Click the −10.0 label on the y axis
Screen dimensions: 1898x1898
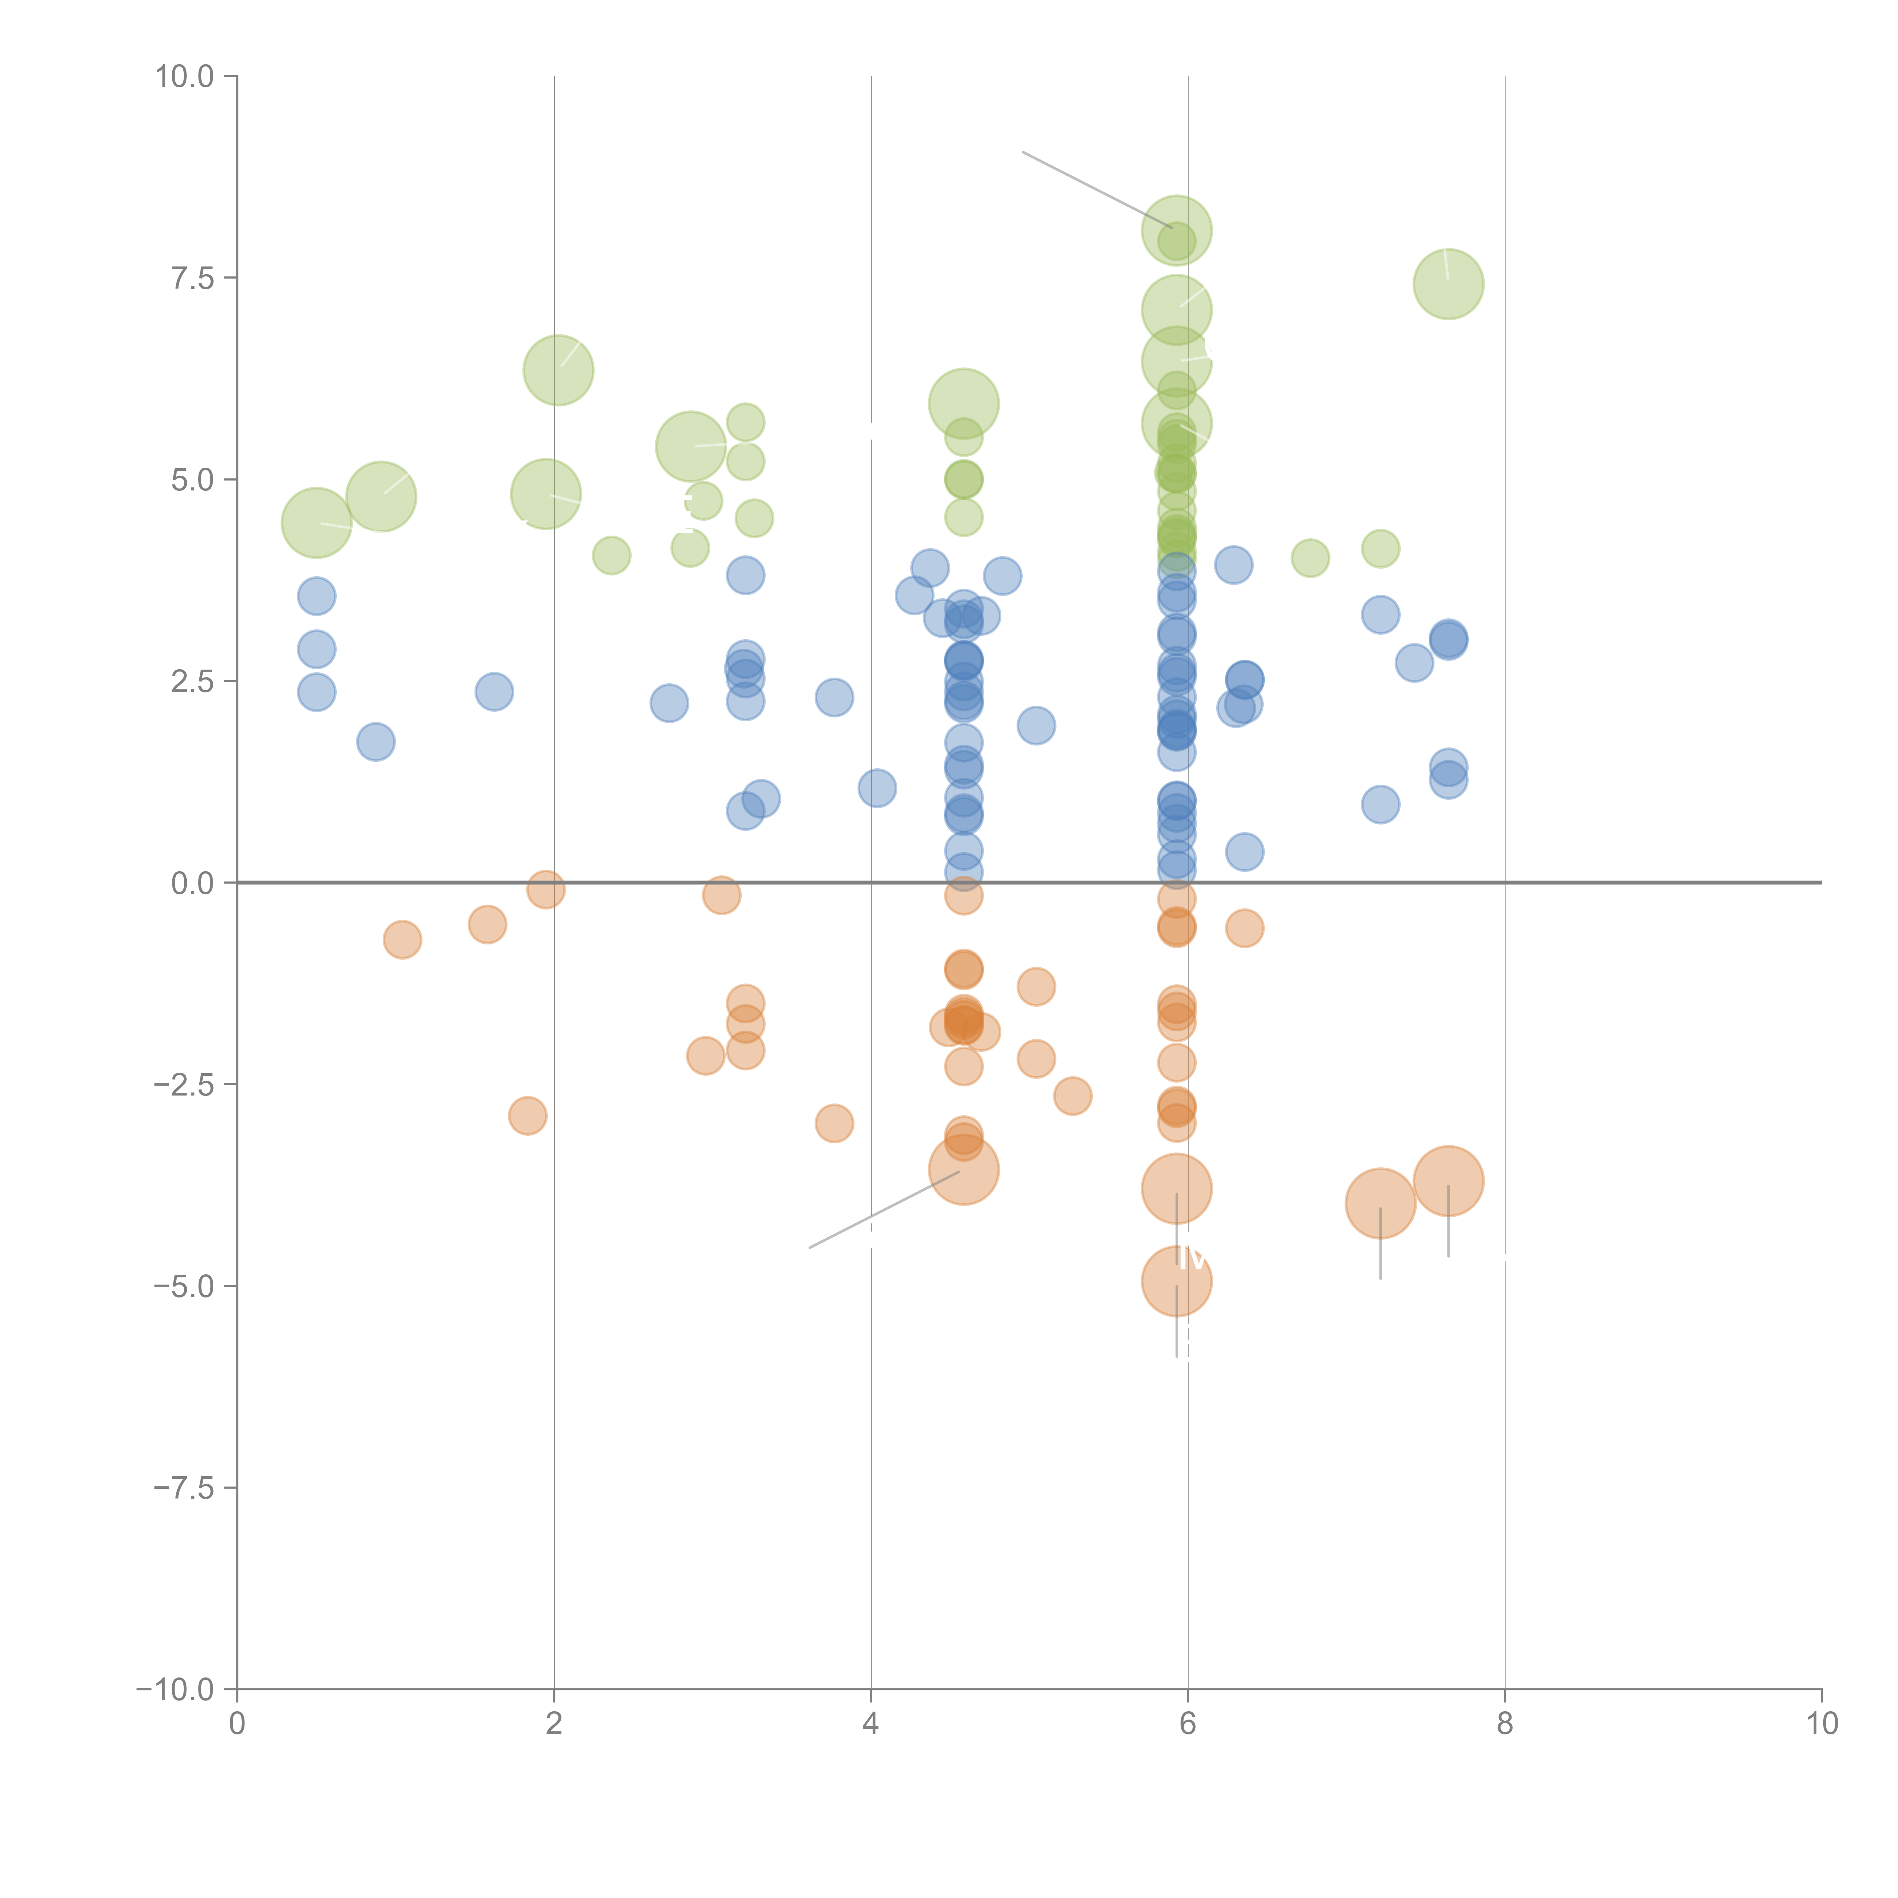[175, 1689]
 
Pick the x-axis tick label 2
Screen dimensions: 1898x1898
[554, 1723]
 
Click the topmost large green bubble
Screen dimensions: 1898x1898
[1176, 231]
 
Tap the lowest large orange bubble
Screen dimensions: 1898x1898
[1176, 1281]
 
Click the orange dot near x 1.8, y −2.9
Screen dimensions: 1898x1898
[528, 1115]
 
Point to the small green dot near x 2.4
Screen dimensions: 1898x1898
[611, 555]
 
